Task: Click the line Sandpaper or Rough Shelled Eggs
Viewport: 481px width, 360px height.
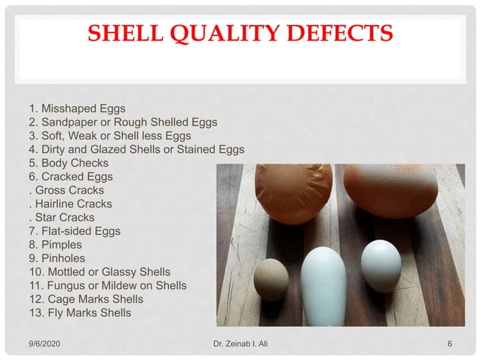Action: click(x=122, y=122)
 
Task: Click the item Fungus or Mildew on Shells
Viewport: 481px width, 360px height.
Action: click(x=107, y=285)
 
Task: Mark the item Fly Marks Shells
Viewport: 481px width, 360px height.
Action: click(x=79, y=313)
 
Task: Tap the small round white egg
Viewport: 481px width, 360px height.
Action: click(x=381, y=264)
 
